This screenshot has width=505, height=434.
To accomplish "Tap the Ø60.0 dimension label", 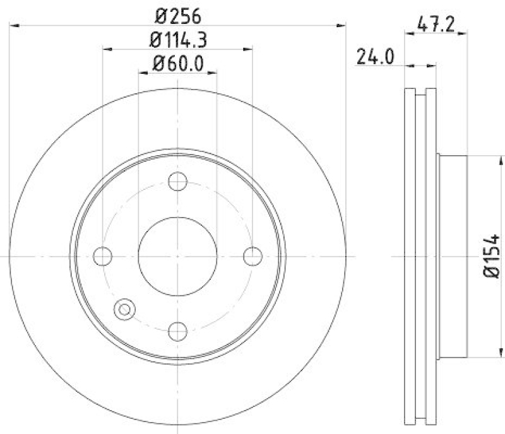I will (x=177, y=63).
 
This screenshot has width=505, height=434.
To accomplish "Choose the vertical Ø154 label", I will (x=492, y=255).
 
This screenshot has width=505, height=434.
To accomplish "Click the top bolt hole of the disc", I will (x=178, y=182).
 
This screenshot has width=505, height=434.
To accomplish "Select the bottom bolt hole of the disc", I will (x=178, y=330).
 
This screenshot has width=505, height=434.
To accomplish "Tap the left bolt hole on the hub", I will (x=102, y=256).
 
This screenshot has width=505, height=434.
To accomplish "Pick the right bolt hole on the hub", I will (x=252, y=256).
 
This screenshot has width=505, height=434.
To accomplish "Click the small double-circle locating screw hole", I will (x=124, y=308).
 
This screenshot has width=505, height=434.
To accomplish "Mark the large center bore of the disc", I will (x=177, y=256).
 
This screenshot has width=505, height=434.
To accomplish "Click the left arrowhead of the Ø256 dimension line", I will (x=15, y=25).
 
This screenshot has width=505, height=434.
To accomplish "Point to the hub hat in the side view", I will (x=451, y=256).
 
